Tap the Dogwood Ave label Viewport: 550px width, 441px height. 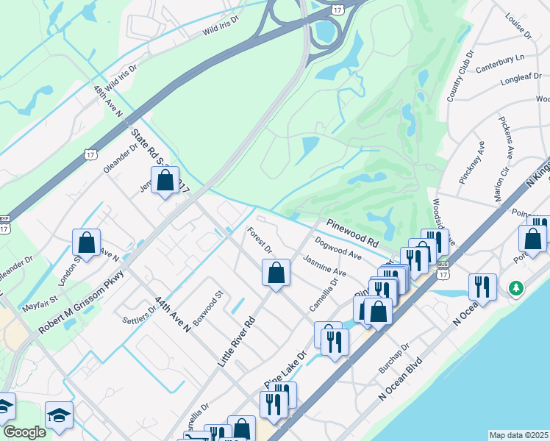click(337, 248)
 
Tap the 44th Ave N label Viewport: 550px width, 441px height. click(172, 314)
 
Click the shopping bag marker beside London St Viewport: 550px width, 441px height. click(87, 243)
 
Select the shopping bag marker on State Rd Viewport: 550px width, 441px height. click(165, 180)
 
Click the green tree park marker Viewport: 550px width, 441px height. click(518, 288)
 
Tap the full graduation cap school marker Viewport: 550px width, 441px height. click(59, 415)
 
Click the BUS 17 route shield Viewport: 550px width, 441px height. click(442, 263)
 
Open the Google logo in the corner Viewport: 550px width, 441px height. click(24, 432)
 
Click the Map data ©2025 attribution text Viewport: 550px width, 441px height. click(519, 435)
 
